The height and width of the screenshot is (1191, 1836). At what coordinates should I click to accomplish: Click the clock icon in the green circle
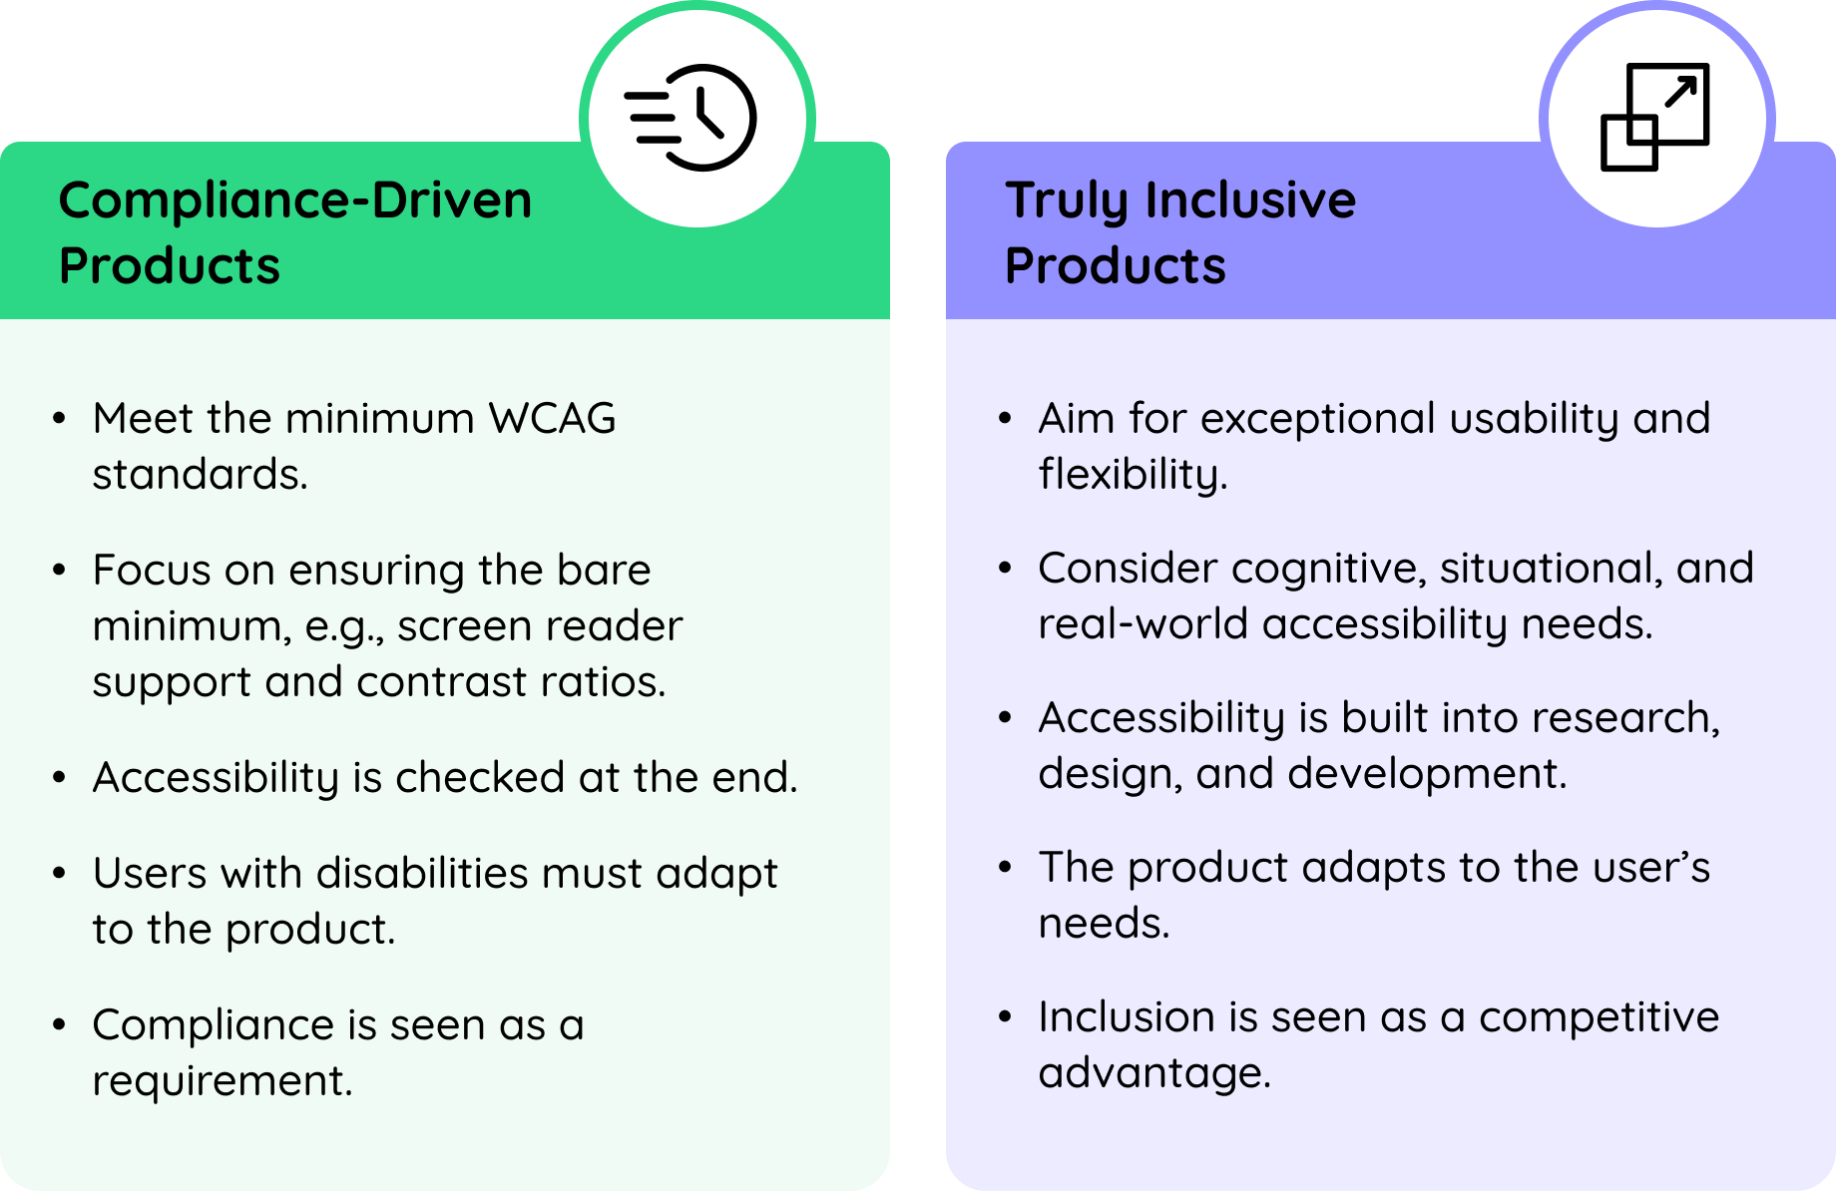[690, 118]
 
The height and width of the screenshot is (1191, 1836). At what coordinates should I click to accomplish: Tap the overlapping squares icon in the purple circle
[1655, 117]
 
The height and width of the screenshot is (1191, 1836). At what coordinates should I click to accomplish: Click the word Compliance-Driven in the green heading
[295, 199]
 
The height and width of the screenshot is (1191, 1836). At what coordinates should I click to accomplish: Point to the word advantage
[1154, 1074]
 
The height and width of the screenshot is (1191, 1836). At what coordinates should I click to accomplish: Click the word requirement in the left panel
[223, 1082]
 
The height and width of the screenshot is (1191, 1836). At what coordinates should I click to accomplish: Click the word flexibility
[1133, 475]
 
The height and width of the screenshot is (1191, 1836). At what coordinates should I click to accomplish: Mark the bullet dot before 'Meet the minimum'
[60, 418]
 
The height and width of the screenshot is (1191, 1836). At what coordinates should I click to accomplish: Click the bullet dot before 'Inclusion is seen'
[1005, 1016]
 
